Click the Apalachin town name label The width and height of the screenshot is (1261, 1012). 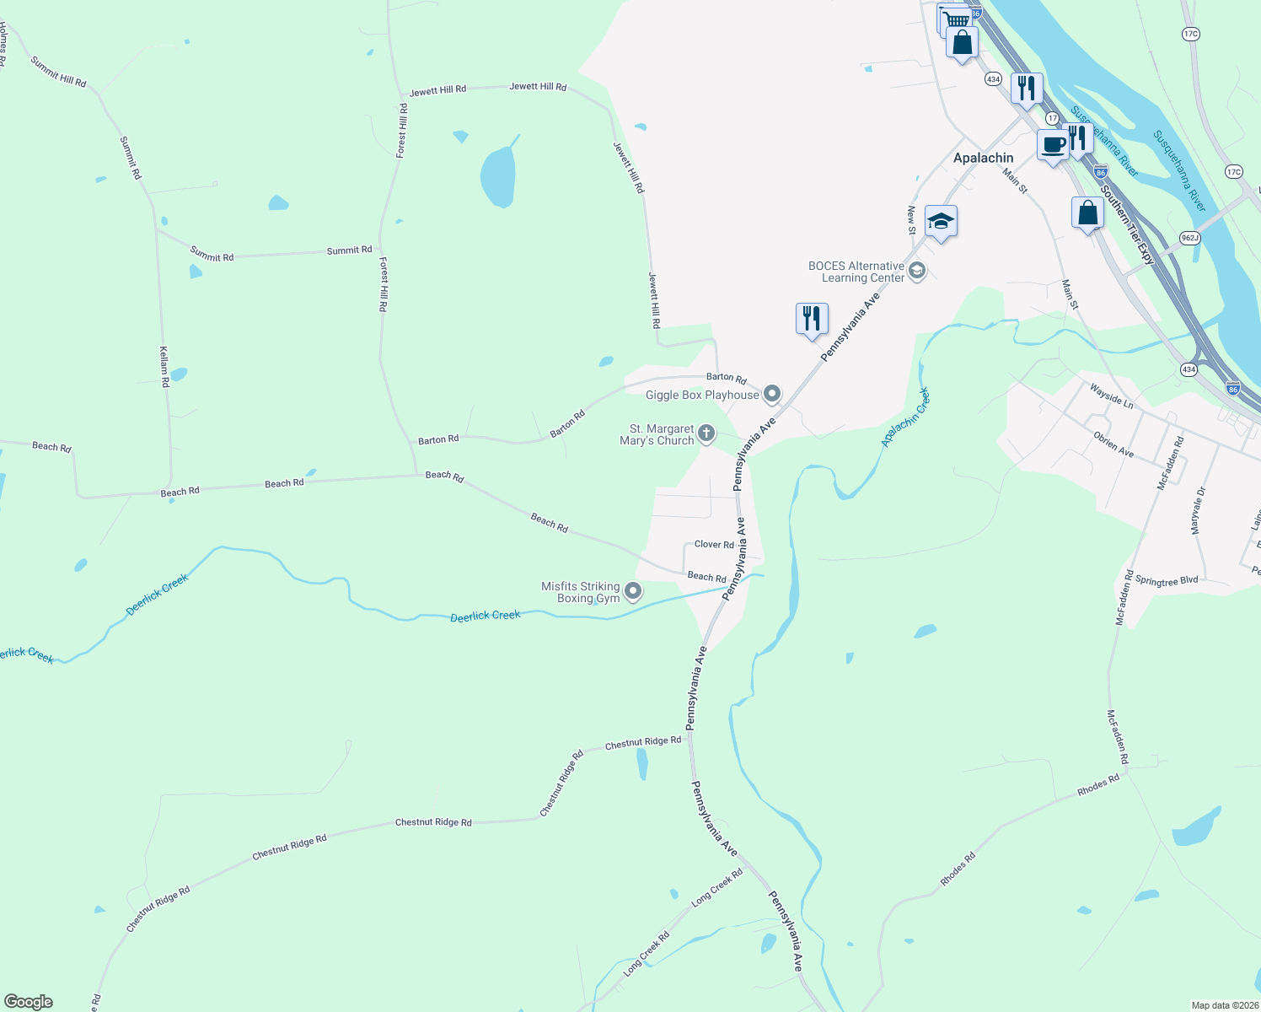click(983, 158)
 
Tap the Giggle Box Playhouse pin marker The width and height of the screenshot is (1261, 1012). click(772, 395)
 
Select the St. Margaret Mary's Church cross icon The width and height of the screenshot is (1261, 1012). click(706, 433)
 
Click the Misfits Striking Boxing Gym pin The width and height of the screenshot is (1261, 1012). click(634, 592)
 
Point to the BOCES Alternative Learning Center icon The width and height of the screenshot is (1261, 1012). click(917, 272)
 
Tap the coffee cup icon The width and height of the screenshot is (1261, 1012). click(1053, 145)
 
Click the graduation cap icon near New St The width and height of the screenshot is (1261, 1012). click(941, 222)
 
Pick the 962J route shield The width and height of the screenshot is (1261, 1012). click(1189, 238)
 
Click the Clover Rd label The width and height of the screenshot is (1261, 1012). click(714, 545)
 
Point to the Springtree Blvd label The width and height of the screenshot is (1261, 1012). click(1167, 581)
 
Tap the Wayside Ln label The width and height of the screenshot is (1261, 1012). click(1112, 395)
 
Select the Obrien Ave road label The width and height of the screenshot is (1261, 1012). click(1113, 444)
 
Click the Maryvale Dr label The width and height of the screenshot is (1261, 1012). click(1198, 509)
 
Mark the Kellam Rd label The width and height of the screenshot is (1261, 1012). click(164, 365)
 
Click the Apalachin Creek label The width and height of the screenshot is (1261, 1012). click(904, 417)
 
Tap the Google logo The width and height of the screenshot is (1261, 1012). click(29, 1002)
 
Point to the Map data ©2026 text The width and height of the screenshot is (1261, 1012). click(1224, 1005)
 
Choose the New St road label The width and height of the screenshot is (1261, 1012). click(911, 219)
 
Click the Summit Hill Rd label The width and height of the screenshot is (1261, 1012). click(58, 72)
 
